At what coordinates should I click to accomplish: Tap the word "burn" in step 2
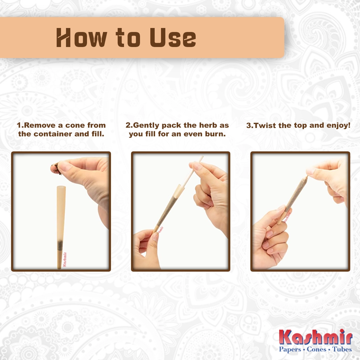[217, 134]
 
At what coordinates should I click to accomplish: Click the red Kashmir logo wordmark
[315, 337]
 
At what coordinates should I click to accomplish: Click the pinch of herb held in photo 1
[55, 169]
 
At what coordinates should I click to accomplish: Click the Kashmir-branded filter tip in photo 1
[61, 259]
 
